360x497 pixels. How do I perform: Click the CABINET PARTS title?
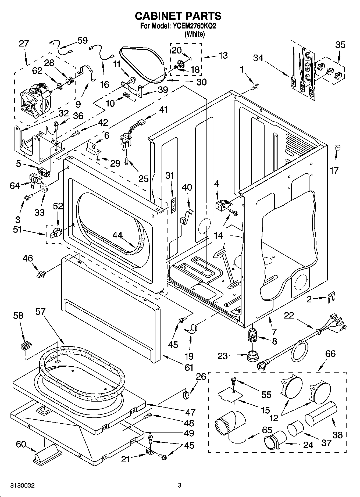178,16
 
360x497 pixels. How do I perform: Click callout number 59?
82,40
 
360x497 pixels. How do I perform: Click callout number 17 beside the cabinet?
334,170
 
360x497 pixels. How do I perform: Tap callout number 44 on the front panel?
117,235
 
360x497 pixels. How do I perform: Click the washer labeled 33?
44,187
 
